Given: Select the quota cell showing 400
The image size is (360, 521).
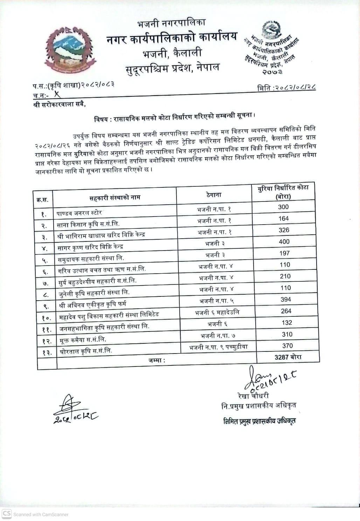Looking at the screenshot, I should tap(284, 241).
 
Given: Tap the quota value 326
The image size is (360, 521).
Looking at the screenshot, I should tap(284, 230).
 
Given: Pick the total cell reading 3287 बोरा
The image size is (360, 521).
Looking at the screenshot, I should tap(288, 357).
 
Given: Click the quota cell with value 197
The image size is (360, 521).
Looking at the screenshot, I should tap(284, 253).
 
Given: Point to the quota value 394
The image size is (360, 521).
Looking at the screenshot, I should tap(286, 300).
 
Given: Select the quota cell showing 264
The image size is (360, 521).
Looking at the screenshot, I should tap(286, 311).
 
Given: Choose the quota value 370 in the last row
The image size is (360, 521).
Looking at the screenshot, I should tap(287, 346).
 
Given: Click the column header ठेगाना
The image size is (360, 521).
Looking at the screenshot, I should tap(214, 195).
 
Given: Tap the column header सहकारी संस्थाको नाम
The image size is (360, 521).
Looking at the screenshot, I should tap(115, 197).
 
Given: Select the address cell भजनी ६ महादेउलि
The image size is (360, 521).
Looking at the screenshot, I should tap(217, 312).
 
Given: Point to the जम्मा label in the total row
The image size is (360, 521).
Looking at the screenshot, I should tap(157, 360).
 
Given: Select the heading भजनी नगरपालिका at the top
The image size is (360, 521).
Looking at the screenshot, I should tap(172, 23).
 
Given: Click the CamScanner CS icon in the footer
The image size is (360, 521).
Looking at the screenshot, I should tap(7, 514).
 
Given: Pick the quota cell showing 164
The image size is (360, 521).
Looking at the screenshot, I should tap(283, 218).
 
